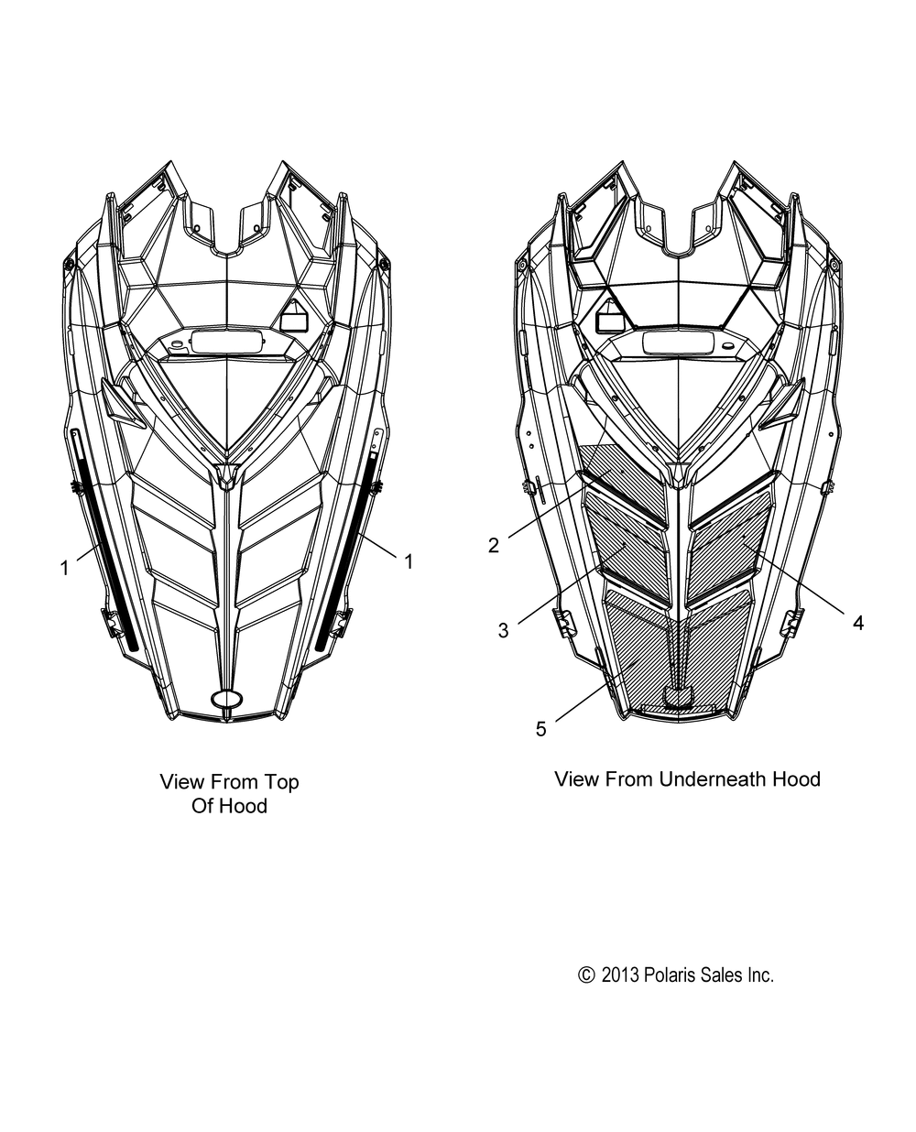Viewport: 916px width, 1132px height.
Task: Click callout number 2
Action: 494,545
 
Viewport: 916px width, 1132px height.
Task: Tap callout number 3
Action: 503,630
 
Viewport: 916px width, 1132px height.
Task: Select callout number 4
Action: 858,623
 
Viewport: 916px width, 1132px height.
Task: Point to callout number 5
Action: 540,729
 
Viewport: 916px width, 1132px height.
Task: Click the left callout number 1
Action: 65,568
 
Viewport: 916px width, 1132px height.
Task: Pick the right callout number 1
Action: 409,561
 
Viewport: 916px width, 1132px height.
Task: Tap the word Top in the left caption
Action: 284,782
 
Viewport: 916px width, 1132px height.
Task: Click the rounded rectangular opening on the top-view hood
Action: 227,341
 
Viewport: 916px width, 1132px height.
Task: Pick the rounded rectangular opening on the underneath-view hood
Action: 679,342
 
